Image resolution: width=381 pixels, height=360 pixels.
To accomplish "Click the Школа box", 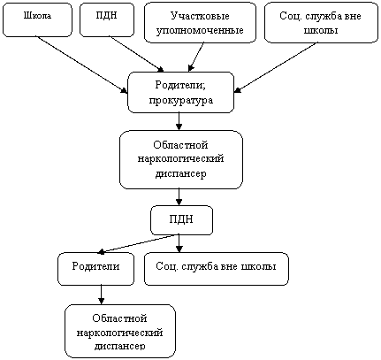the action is click(37, 20).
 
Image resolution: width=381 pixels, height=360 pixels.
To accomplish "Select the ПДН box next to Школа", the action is click(107, 20).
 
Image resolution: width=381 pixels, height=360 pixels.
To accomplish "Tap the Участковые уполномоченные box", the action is click(200, 23).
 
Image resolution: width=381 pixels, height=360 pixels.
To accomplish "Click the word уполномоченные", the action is click(200, 30).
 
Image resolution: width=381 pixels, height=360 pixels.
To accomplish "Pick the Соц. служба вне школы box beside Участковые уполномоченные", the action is click(321, 23).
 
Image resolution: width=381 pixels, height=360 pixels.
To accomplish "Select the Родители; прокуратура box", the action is click(181, 92).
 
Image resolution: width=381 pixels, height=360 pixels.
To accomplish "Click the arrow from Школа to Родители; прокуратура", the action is click(81, 65).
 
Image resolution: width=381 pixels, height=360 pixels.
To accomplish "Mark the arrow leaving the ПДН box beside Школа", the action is click(136, 54).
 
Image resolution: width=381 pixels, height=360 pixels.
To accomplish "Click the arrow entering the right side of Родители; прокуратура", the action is click(276, 68).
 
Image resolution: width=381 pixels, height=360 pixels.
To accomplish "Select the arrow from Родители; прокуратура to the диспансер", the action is click(179, 121).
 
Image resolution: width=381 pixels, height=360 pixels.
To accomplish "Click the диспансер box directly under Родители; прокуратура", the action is click(181, 160).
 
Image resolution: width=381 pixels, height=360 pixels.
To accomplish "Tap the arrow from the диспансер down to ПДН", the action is click(179, 197).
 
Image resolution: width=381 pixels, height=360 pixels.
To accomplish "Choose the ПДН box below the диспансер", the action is click(181, 220).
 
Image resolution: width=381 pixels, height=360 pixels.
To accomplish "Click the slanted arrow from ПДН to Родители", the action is click(138, 244).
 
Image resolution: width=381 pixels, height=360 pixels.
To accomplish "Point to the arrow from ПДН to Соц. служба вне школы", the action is click(179, 243).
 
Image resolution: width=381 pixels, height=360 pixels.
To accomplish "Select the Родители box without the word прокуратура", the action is click(95, 269).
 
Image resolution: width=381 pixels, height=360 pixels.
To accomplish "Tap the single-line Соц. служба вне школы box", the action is click(217, 269).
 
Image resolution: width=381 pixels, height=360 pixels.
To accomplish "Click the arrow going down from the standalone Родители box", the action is click(101, 295).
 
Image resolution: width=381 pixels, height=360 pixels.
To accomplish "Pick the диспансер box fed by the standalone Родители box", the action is click(120, 332).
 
